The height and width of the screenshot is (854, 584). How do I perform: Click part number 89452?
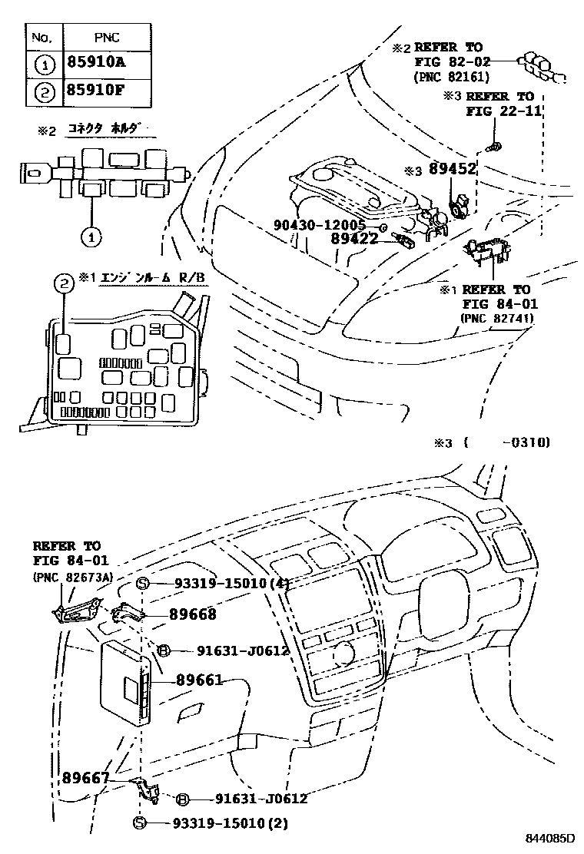pos(453,170)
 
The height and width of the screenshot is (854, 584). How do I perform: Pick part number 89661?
pos(199,680)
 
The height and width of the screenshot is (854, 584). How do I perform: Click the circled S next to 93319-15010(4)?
pos(141,584)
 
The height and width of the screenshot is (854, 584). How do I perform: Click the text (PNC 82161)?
pos(451,77)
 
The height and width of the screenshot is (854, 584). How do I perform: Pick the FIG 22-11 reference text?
pos(504,111)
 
